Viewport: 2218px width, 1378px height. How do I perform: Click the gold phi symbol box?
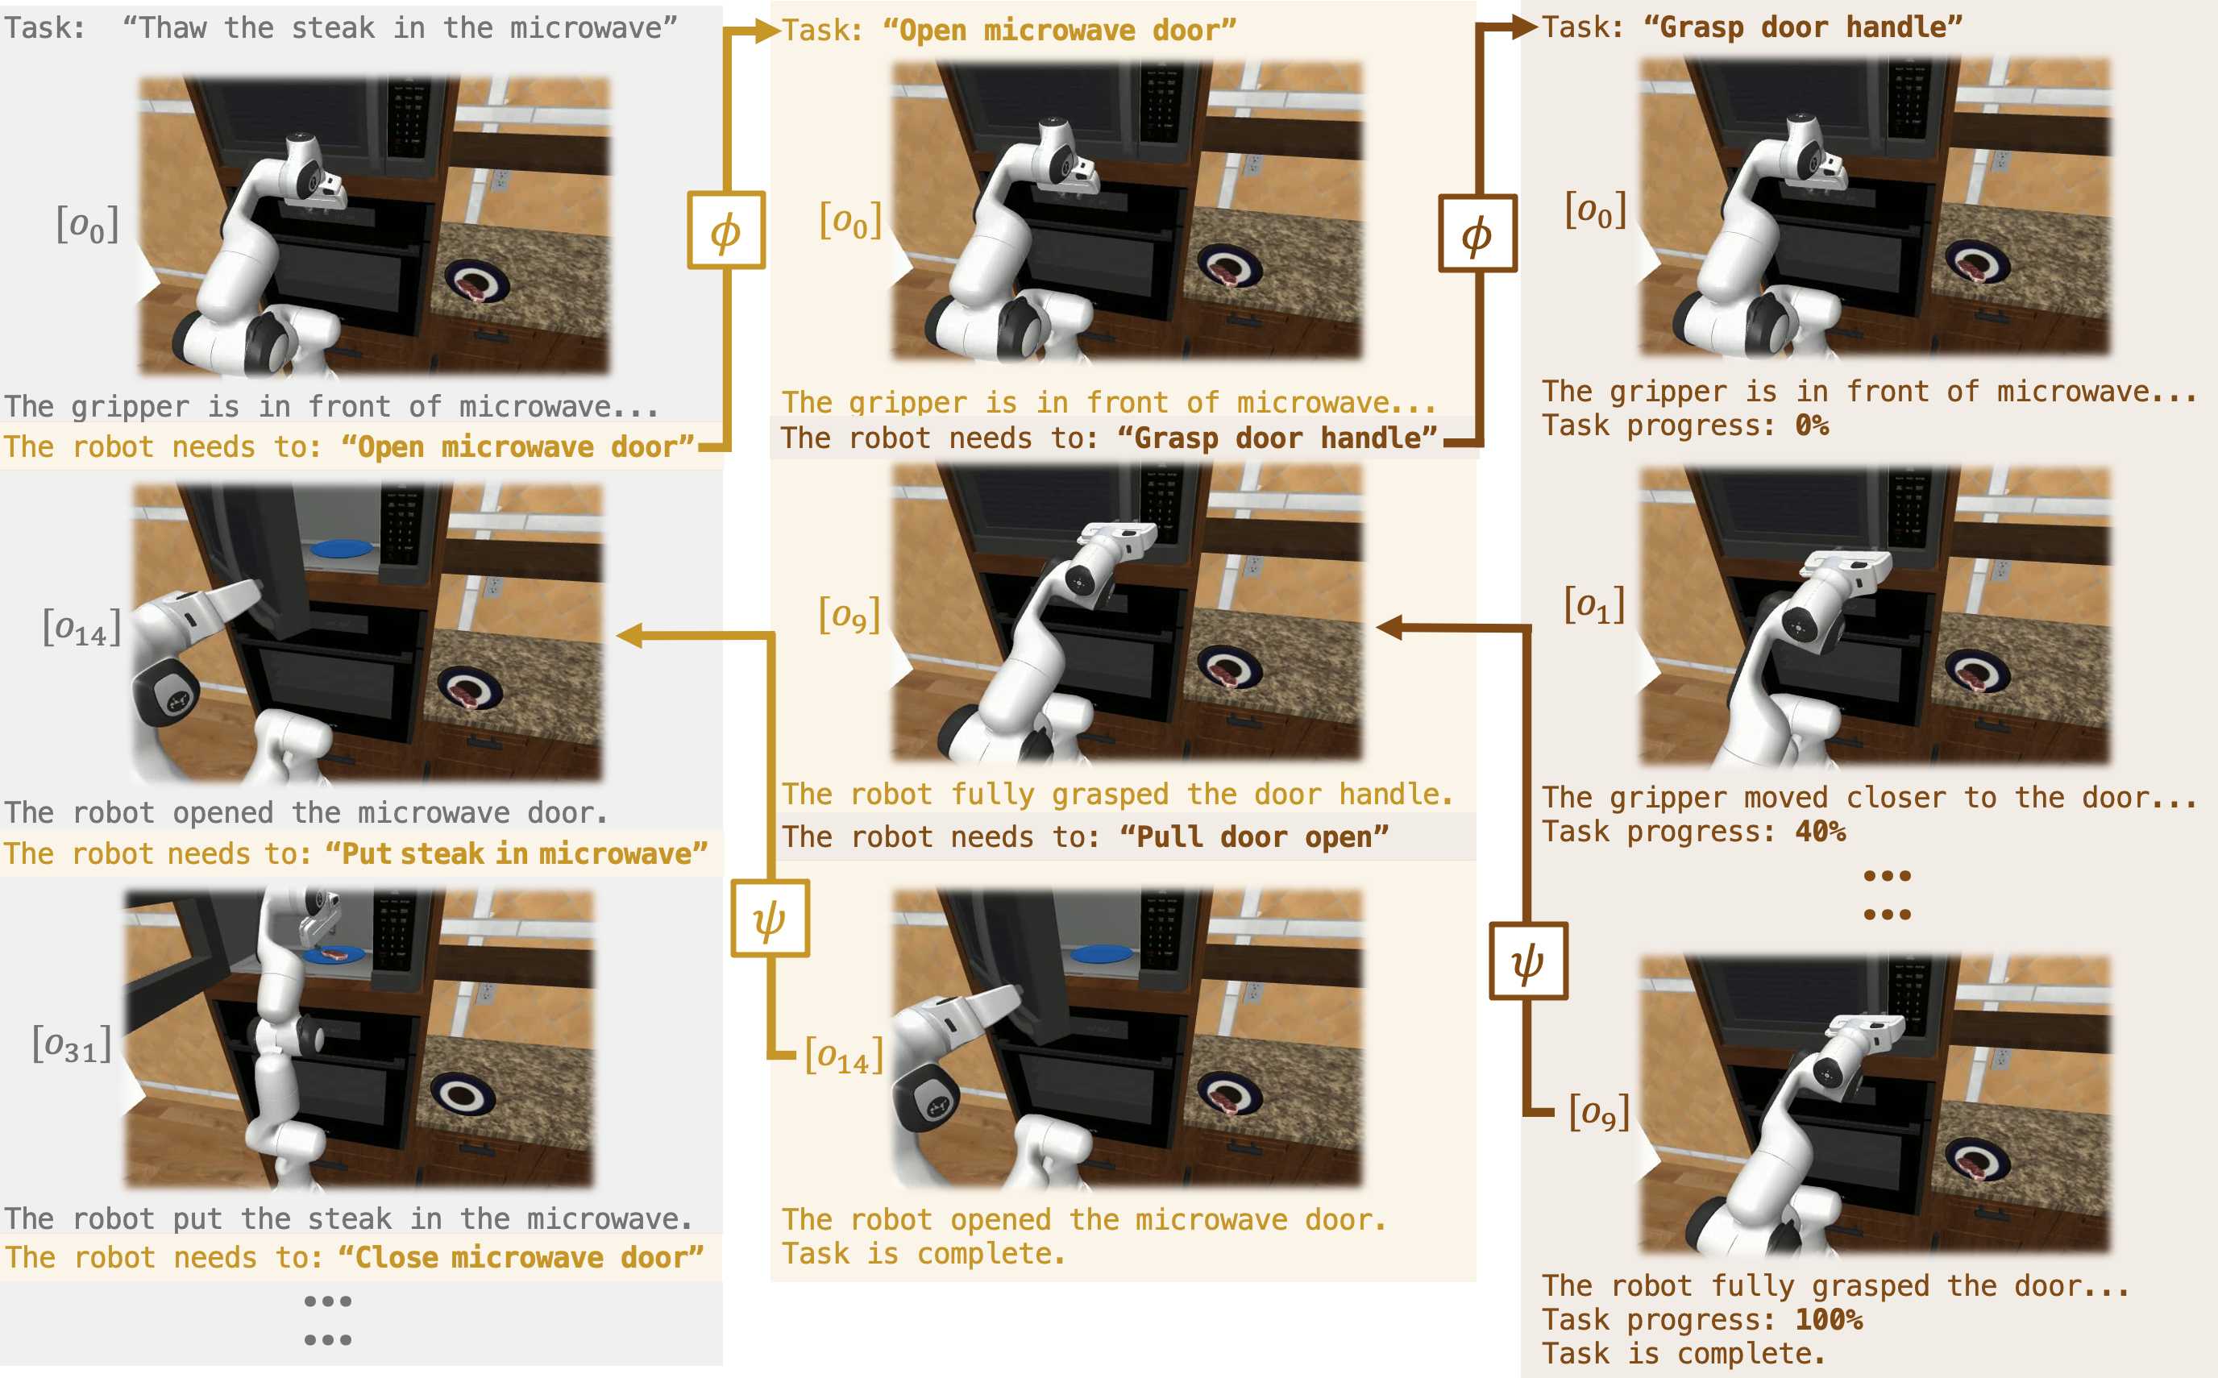point(725,230)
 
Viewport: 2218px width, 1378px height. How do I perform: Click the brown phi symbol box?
point(1477,235)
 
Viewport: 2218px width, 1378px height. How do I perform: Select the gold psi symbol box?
point(770,919)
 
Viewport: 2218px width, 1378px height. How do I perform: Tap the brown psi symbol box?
point(1528,961)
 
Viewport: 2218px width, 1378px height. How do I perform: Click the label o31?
point(72,1044)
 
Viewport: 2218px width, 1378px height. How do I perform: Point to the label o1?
point(1594,604)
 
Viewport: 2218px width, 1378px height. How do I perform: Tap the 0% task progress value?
point(1812,425)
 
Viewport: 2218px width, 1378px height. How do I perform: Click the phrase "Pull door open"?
point(1254,836)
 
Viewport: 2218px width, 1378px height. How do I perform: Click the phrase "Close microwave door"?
point(521,1258)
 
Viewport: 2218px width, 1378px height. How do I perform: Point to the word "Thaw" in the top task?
point(173,27)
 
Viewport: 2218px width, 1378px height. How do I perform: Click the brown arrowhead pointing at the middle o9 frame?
point(1389,627)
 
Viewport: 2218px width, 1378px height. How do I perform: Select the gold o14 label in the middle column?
point(844,1056)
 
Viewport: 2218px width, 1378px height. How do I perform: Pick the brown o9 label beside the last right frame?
point(1599,1112)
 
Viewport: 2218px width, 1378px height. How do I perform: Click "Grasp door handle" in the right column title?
point(1802,27)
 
